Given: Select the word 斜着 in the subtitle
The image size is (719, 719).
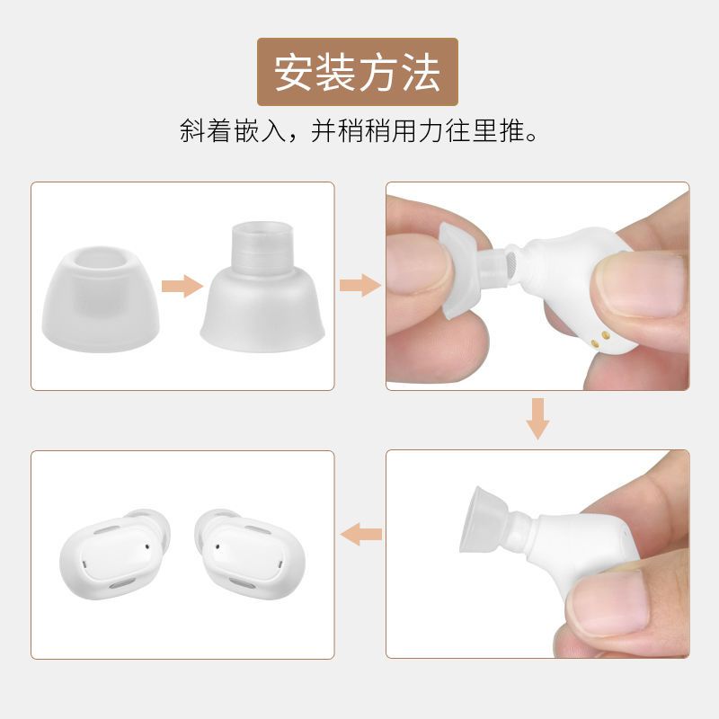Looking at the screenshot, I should point(204,132).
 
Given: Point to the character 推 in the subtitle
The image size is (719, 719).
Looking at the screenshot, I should point(500,132).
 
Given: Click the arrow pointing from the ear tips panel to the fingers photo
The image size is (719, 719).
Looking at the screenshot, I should point(359,287).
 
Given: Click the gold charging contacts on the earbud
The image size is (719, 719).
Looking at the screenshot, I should point(601,338).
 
